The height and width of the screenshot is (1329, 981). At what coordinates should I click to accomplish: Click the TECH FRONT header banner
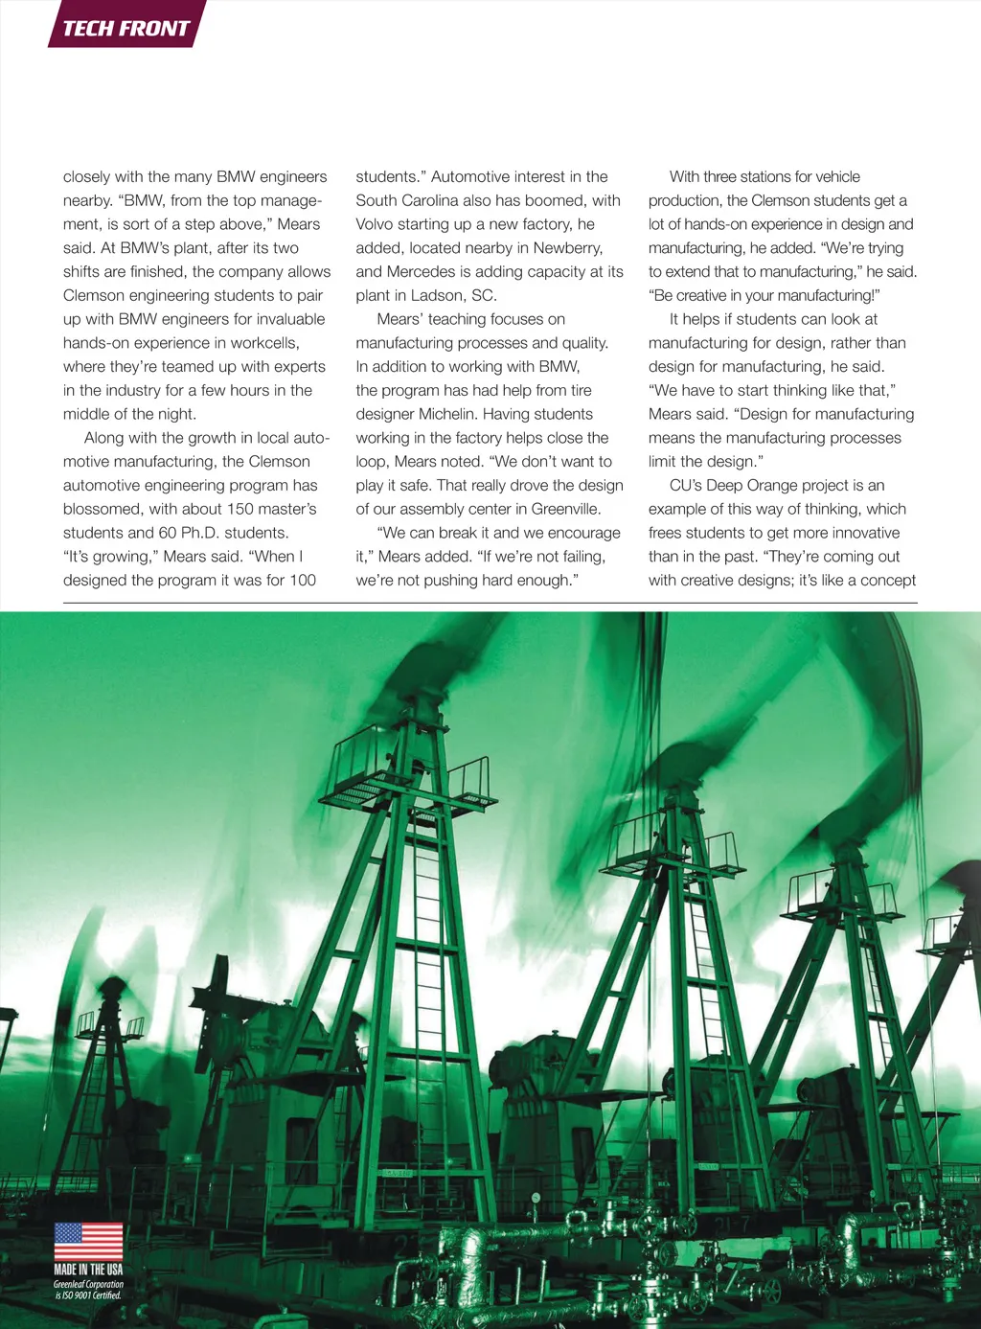[x=125, y=28]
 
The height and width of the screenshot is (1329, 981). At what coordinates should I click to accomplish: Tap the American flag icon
[x=88, y=1241]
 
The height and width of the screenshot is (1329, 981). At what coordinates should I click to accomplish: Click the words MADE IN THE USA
[x=88, y=1270]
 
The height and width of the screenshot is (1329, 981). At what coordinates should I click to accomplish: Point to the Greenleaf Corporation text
[x=88, y=1284]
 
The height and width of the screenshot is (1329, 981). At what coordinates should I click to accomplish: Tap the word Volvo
[x=376, y=224]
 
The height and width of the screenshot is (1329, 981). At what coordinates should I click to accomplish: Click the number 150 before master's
[x=241, y=509]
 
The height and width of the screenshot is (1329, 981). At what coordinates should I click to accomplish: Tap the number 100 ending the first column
[x=303, y=580]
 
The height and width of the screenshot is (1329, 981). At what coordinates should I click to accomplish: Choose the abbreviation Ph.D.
[x=200, y=533]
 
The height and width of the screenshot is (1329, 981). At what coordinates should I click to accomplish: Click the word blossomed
[x=103, y=509]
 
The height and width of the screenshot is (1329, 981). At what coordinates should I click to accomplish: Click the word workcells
[x=264, y=343]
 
